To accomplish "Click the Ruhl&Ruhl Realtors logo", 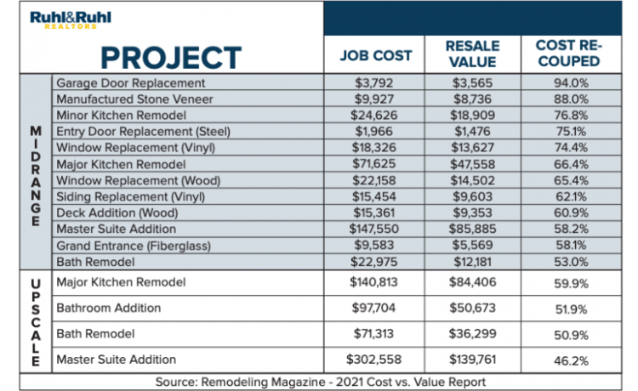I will [x=71, y=20].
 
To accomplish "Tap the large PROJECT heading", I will [x=170, y=57].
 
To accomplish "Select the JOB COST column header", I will [x=376, y=55].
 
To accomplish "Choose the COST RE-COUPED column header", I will [x=567, y=54].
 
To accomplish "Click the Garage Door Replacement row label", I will [x=130, y=83].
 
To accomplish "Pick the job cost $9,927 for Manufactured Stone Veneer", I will [x=375, y=99].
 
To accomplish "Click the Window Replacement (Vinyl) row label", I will [x=135, y=148].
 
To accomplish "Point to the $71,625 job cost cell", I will [x=375, y=164].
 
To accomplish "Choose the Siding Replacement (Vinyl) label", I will [x=129, y=196].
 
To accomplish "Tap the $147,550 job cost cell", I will [x=375, y=229].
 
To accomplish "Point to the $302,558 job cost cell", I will [x=375, y=360].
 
